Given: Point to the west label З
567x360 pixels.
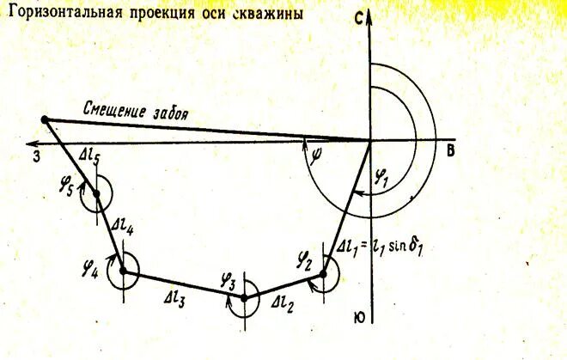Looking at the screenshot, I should [37, 156].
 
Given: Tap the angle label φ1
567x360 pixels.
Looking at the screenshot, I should [383, 181].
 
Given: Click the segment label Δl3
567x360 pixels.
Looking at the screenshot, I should [179, 300].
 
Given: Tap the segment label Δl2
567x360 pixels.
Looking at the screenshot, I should [282, 302].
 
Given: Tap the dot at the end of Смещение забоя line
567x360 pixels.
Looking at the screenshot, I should [45, 120].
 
